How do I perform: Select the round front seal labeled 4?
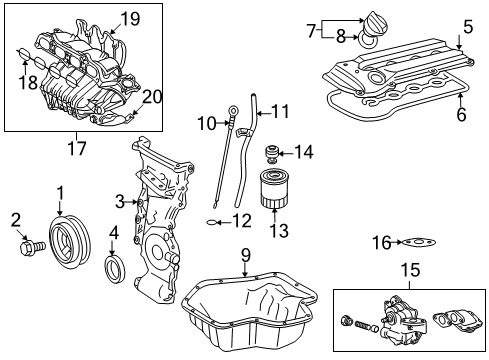coord(117,268)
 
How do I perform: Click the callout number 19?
coord(131,17)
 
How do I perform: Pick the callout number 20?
coord(151,97)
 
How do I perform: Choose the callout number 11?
coord(280,111)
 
